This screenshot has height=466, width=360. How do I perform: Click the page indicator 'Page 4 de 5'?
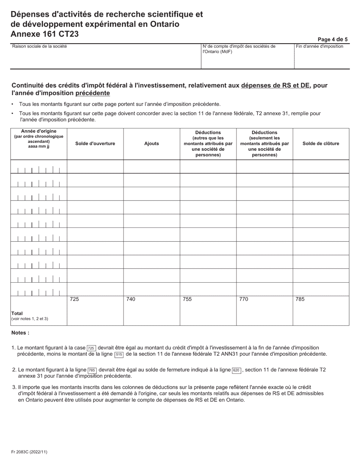tap(332, 39)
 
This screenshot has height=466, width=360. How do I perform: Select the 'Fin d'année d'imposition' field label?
tap(319, 47)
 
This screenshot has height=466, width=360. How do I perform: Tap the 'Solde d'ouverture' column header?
tap(95, 144)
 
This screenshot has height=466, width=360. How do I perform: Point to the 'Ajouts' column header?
tap(152, 144)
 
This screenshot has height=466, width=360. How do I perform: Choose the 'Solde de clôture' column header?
tap(321, 144)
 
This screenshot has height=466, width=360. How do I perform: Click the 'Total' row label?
tap(17, 313)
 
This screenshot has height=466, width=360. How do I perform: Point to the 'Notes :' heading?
tap(20, 333)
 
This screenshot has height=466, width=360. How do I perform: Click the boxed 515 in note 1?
tap(119, 355)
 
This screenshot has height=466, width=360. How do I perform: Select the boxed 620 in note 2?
tap(236, 370)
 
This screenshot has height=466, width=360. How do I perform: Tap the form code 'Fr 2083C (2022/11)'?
tap(29, 452)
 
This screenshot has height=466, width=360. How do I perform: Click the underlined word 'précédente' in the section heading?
tap(93, 93)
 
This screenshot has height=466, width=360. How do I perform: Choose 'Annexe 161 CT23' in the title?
tap(45, 34)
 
